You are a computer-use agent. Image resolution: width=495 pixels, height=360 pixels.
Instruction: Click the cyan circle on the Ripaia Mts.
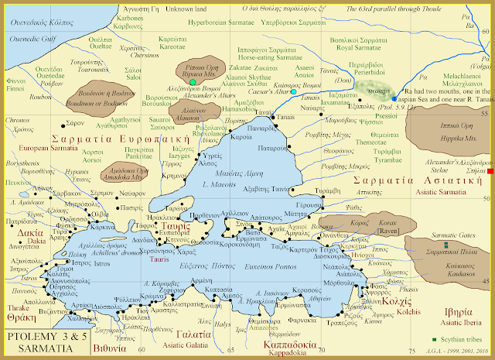click(x=192, y=81)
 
